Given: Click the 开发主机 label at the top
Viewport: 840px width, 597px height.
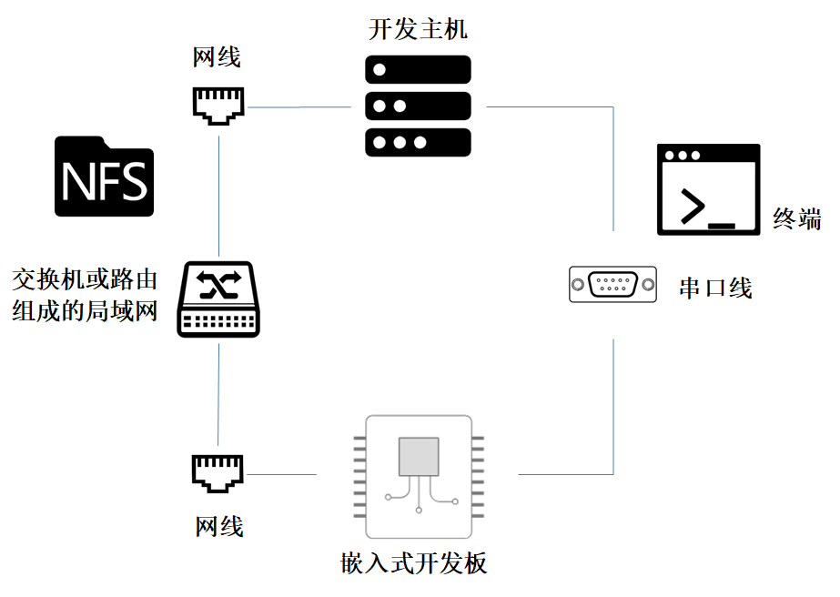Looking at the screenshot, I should click(x=418, y=28).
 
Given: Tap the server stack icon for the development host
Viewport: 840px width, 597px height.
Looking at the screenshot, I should click(x=418, y=106).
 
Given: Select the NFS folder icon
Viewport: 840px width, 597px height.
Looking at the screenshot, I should click(x=105, y=177).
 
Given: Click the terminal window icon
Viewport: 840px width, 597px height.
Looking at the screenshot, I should click(x=708, y=189).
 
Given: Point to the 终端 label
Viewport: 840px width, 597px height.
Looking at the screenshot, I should click(x=797, y=218).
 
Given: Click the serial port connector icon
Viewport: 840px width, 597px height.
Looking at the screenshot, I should click(x=612, y=285).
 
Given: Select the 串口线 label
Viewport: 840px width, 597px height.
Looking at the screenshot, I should click(x=715, y=288).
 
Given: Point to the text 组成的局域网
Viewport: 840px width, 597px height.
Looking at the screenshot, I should click(x=85, y=311).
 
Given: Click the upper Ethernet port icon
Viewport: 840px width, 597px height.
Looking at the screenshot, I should click(x=218, y=106).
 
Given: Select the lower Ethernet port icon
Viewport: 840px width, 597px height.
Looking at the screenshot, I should click(x=218, y=473).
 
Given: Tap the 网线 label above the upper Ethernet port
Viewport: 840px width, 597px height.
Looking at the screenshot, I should click(x=218, y=58).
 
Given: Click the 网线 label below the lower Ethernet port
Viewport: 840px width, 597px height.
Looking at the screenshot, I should click(x=219, y=525).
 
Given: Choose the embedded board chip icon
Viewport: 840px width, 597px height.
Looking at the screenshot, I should click(x=419, y=476).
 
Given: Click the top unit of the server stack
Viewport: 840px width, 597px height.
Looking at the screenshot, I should click(x=418, y=69).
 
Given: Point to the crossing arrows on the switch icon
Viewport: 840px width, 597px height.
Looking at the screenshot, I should click(x=219, y=286).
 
